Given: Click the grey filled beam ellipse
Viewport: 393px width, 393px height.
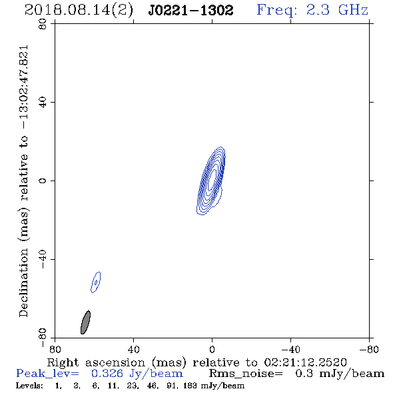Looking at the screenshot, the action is (85, 322).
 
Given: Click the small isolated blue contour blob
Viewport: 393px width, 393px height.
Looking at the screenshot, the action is (95, 282).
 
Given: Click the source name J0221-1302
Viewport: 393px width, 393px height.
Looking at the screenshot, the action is (191, 11).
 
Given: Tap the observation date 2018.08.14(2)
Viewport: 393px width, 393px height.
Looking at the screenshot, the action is (79, 11).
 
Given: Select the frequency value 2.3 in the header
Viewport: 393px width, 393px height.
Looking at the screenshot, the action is (318, 10).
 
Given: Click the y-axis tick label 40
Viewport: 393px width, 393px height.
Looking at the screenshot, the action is (43, 103).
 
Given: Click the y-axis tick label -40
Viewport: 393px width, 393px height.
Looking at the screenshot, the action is (43, 259).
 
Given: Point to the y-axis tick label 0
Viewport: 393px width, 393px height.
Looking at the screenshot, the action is (43, 181).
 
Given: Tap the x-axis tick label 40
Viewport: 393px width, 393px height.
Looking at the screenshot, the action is (133, 350).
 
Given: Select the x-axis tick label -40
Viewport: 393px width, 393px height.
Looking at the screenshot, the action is (290, 350).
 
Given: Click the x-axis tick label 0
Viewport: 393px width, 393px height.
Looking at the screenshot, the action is (212, 350).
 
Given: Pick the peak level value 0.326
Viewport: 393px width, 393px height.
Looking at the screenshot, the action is (107, 374).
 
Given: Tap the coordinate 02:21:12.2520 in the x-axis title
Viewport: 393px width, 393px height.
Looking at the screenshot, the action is (305, 362).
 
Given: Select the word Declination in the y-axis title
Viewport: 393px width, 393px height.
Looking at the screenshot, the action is (23, 282).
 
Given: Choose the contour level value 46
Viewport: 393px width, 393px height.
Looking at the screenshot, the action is (152, 386).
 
